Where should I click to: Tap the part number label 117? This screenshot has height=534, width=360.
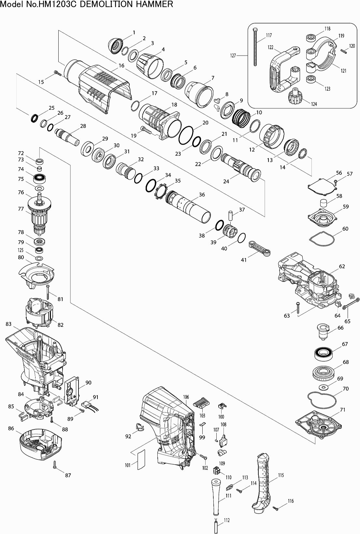point(269,35)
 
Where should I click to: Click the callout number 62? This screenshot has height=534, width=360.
point(342,266)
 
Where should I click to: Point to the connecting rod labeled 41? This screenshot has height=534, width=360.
point(260,249)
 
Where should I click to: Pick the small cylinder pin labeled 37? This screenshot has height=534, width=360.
point(231,215)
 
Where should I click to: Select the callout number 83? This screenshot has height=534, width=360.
point(8,324)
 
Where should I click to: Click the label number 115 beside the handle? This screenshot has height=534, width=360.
point(281,475)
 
